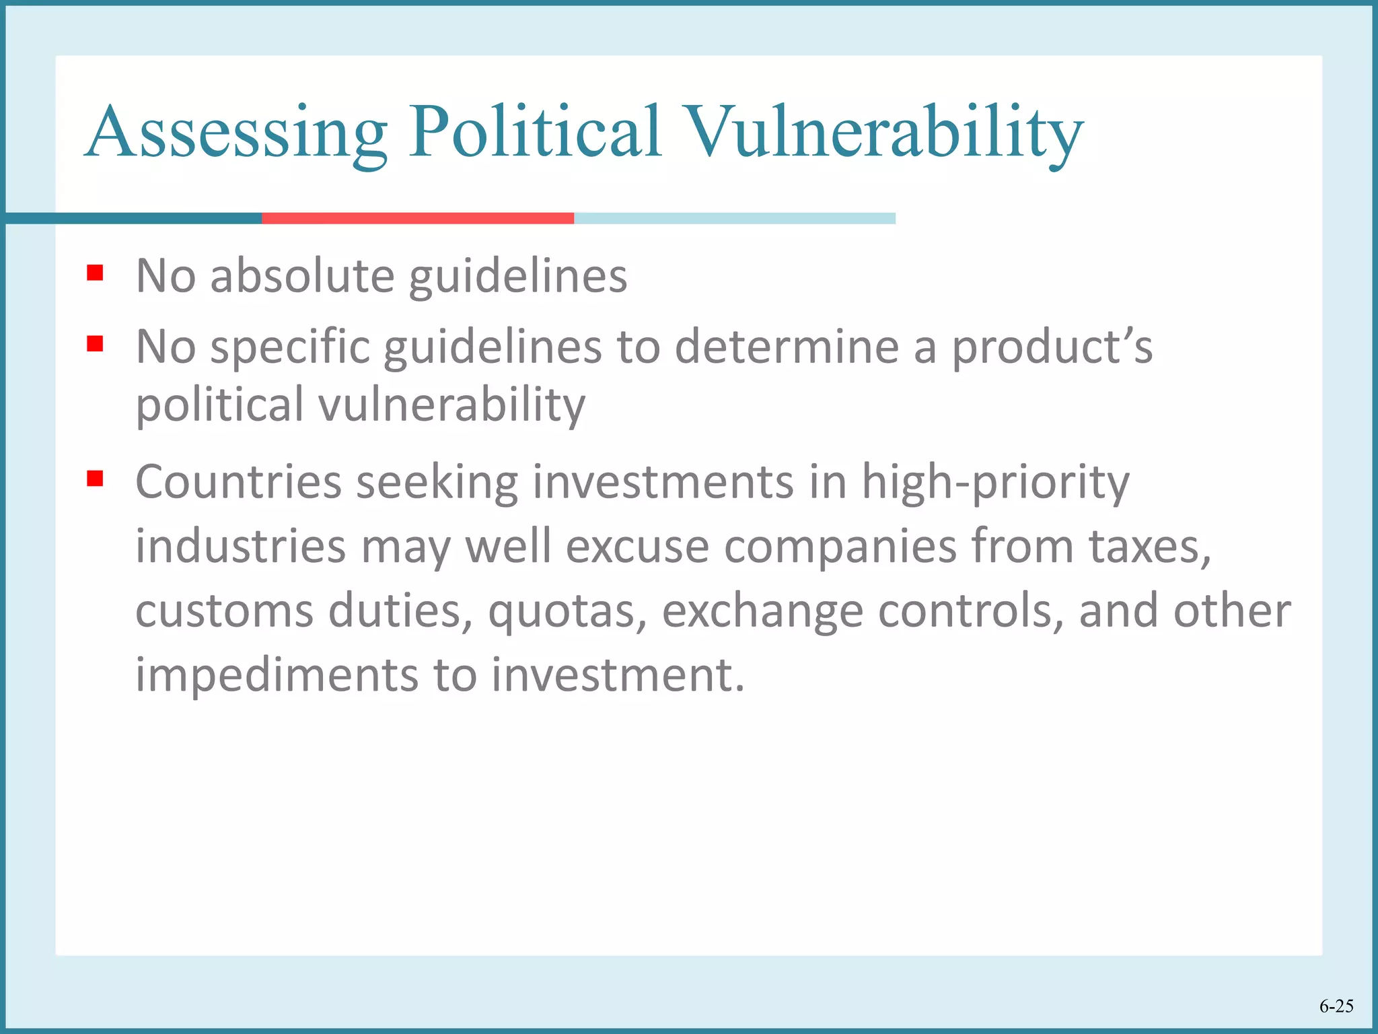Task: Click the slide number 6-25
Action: [1336, 1006]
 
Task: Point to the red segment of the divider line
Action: [417, 218]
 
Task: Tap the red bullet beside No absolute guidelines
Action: [95, 273]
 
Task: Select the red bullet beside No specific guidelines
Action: [95, 344]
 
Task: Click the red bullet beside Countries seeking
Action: [95, 479]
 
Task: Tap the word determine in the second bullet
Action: [787, 347]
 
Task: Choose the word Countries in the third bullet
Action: [238, 482]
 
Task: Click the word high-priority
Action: [995, 483]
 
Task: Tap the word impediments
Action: [276, 675]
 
